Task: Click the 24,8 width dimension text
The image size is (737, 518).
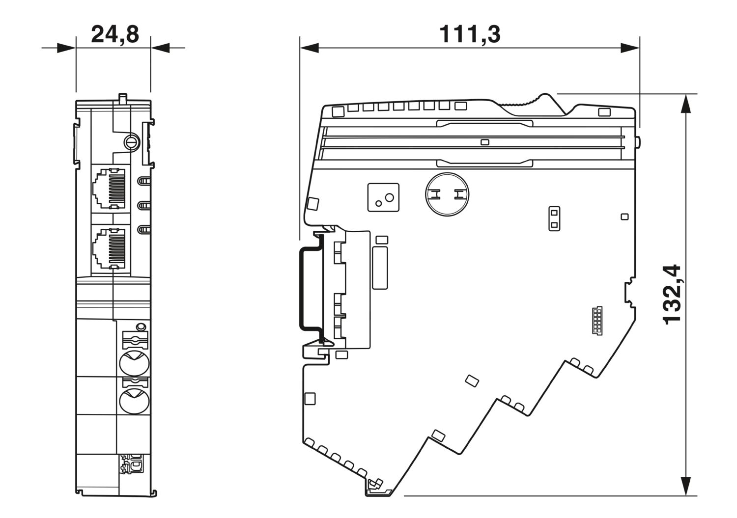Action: tap(115, 34)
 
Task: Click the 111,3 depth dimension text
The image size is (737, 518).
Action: tap(470, 34)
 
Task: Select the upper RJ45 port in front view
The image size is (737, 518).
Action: tap(109, 189)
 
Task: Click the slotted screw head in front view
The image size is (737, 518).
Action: tap(132, 142)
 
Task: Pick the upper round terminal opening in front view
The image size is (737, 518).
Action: tap(134, 363)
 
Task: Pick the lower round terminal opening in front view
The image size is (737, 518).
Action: tap(134, 401)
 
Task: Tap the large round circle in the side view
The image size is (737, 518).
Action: tap(447, 194)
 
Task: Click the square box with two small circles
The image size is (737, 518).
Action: tap(383, 197)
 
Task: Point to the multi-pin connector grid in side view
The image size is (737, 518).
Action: tap(597, 321)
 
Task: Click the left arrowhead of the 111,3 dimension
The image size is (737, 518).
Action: tap(309, 48)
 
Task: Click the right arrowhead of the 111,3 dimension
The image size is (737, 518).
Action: tap(630, 48)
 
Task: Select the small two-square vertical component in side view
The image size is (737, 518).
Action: tap(554, 218)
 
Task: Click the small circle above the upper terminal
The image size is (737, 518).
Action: tap(141, 327)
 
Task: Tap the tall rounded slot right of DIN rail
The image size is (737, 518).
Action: tap(380, 268)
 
